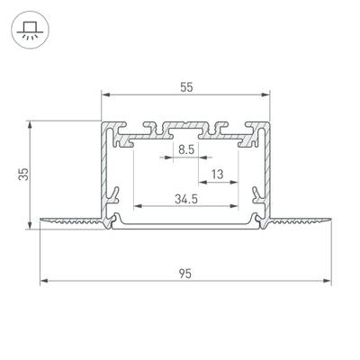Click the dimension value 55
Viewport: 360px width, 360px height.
185,86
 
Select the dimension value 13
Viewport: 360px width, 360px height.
217,174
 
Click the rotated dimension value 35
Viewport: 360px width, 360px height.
23,169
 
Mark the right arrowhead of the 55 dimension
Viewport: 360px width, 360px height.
267,94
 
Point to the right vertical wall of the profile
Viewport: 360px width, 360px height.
267,171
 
